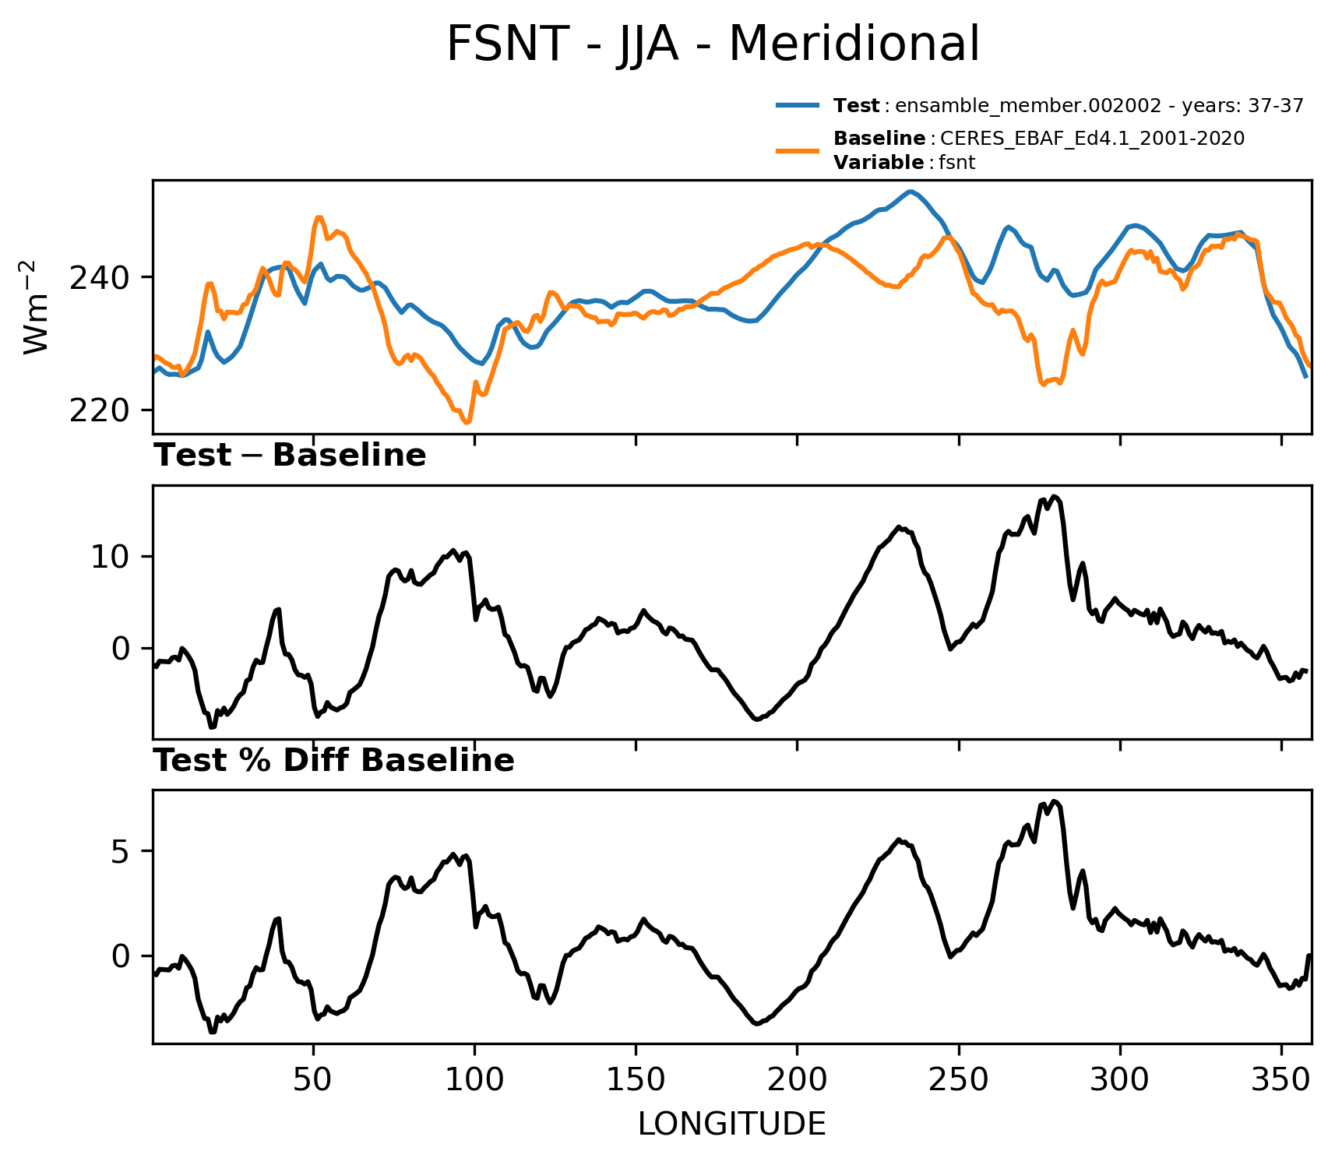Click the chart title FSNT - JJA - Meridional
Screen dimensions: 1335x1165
click(713, 44)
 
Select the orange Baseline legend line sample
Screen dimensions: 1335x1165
click(798, 150)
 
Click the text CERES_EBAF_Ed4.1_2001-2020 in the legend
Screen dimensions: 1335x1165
click(1093, 139)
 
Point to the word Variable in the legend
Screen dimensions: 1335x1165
click(879, 162)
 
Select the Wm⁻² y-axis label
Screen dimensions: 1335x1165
click(36, 307)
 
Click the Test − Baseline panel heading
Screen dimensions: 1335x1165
click(290, 456)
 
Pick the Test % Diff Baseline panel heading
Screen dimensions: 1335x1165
click(334, 761)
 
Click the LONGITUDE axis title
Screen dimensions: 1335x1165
click(732, 1125)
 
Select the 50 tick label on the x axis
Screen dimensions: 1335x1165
click(313, 1080)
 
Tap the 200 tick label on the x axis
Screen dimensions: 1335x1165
click(797, 1080)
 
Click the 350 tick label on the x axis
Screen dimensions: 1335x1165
click(1281, 1080)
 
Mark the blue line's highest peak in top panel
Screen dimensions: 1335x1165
click(909, 191)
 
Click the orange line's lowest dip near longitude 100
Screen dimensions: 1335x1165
click(467, 422)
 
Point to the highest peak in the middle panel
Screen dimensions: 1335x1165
click(1054, 496)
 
